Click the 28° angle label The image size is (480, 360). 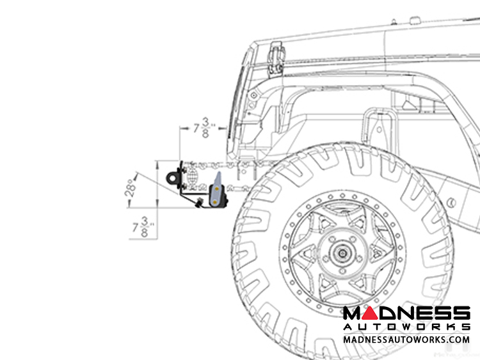131,188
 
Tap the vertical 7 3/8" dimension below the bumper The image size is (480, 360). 143,227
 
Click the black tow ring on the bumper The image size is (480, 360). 173,177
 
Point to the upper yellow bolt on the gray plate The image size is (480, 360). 217,189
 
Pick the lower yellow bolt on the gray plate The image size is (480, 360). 215,202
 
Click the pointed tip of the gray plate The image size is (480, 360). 219,172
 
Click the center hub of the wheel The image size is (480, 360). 342,253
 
